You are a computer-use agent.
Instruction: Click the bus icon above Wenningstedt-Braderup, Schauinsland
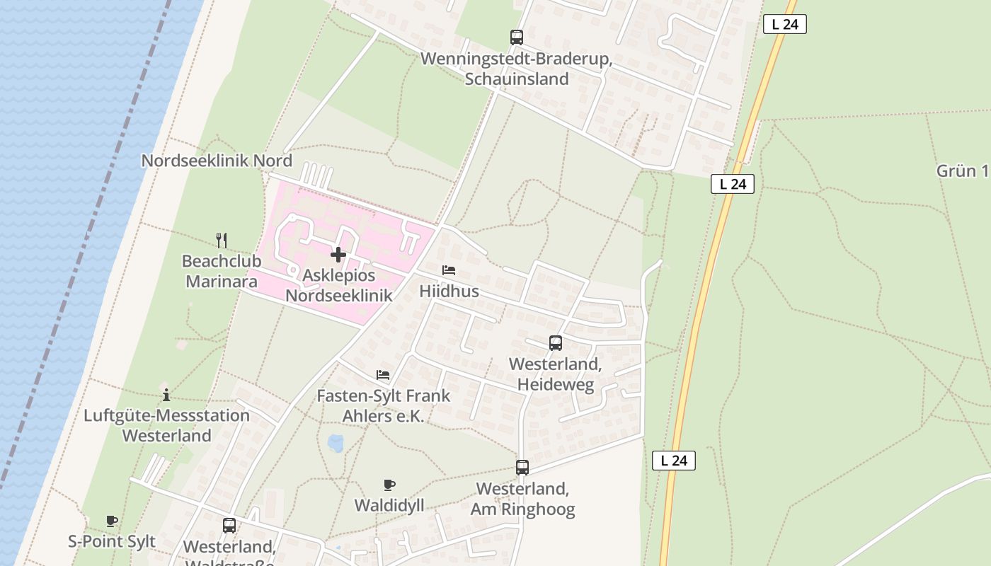pyautogui.click(x=517, y=37)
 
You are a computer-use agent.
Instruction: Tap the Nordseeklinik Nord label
pyautogui.click(x=217, y=161)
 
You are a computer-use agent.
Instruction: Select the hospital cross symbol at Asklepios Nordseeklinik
pyautogui.click(x=338, y=255)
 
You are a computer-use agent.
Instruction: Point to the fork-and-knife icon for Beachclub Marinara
pyautogui.click(x=222, y=241)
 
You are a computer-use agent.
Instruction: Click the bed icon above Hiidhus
pyautogui.click(x=449, y=270)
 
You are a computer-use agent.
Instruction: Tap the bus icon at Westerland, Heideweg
pyautogui.click(x=556, y=343)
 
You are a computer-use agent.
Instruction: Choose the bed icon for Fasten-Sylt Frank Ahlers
pyautogui.click(x=383, y=375)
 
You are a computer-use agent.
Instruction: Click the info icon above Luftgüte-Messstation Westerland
pyautogui.click(x=166, y=395)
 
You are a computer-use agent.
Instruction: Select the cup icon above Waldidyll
pyautogui.click(x=389, y=485)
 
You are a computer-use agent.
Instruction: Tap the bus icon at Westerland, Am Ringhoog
pyautogui.click(x=522, y=468)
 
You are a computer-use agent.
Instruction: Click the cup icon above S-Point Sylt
pyautogui.click(x=112, y=521)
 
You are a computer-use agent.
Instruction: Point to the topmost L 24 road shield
pyautogui.click(x=785, y=24)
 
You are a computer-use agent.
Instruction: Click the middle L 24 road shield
pyautogui.click(x=733, y=184)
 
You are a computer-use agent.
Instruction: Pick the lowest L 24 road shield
pyautogui.click(x=674, y=461)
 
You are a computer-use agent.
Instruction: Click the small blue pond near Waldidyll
pyautogui.click(x=336, y=444)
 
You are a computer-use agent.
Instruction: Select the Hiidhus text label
pyautogui.click(x=449, y=291)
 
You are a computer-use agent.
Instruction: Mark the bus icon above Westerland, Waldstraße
pyautogui.click(x=229, y=526)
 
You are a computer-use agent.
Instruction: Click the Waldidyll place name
pyautogui.click(x=389, y=505)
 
